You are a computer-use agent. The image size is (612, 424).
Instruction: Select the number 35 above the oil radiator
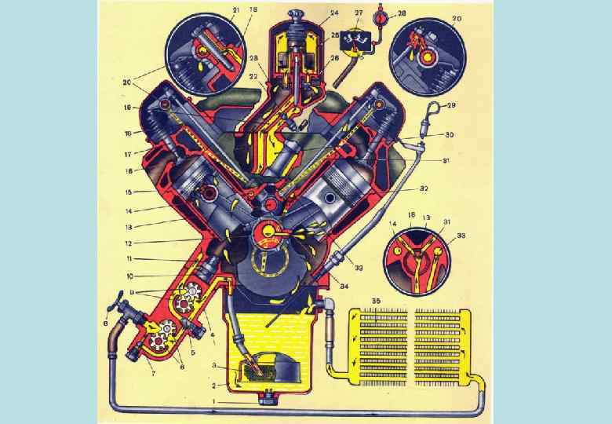click(x=377, y=301)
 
